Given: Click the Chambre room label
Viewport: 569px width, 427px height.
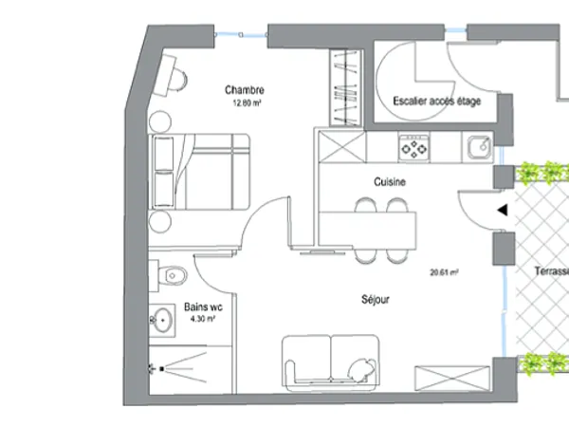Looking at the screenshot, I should (245, 91).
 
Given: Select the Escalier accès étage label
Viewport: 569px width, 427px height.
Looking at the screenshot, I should (437, 101).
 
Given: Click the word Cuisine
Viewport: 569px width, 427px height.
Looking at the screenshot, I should (389, 181).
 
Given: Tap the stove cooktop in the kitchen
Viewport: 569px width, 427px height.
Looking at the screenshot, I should (414, 147).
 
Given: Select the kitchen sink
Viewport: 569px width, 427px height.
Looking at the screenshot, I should (478, 147).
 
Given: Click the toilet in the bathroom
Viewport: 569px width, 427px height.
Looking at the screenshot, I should (173, 275).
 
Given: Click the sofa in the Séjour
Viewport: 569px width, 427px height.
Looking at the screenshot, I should (330, 362).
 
